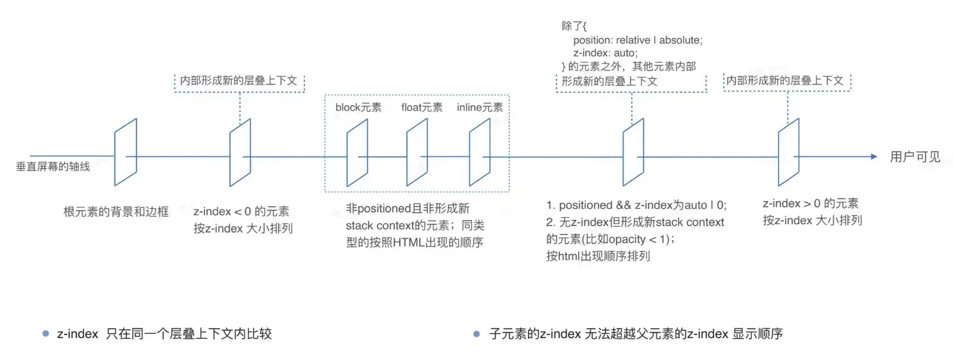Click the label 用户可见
click(915, 157)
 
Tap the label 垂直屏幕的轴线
click(53, 167)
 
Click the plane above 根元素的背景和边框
click(126, 152)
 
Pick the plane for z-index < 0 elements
click(240, 152)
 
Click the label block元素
click(358, 107)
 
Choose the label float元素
click(422, 107)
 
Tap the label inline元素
click(479, 107)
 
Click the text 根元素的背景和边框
click(116, 211)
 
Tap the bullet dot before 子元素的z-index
click(476, 334)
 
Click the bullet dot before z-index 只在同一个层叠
click(45, 334)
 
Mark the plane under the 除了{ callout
click(633, 156)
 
